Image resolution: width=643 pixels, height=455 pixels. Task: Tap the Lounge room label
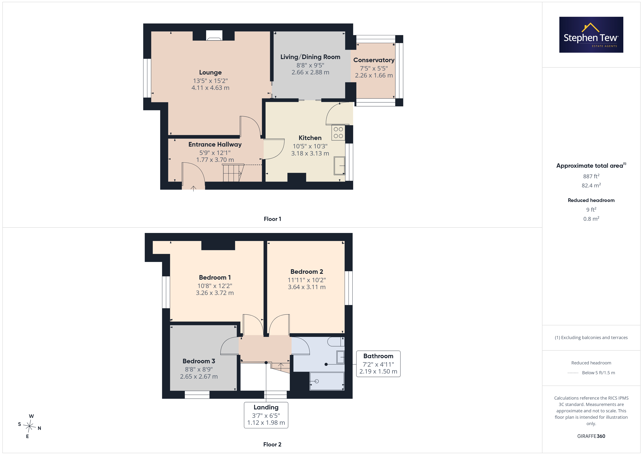[210, 73]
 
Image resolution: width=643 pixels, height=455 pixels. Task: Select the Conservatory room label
[374, 60]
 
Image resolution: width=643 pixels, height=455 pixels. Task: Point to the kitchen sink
[339, 166]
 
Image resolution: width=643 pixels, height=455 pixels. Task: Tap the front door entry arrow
[193, 188]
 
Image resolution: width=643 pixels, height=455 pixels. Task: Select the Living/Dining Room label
[310, 57]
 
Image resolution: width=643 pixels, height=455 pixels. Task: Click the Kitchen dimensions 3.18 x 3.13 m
[310, 153]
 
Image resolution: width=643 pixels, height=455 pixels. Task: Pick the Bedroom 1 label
[215, 277]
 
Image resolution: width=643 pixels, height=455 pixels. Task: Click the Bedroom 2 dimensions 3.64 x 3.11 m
[307, 287]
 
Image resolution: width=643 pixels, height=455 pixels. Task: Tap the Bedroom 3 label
[199, 361]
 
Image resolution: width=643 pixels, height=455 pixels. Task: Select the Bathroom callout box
[378, 364]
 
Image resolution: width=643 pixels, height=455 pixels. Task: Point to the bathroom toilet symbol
[336, 341]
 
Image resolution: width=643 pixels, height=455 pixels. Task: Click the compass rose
[29, 426]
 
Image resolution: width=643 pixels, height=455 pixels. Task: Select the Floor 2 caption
[272, 444]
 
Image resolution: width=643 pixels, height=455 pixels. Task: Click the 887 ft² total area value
[591, 176]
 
